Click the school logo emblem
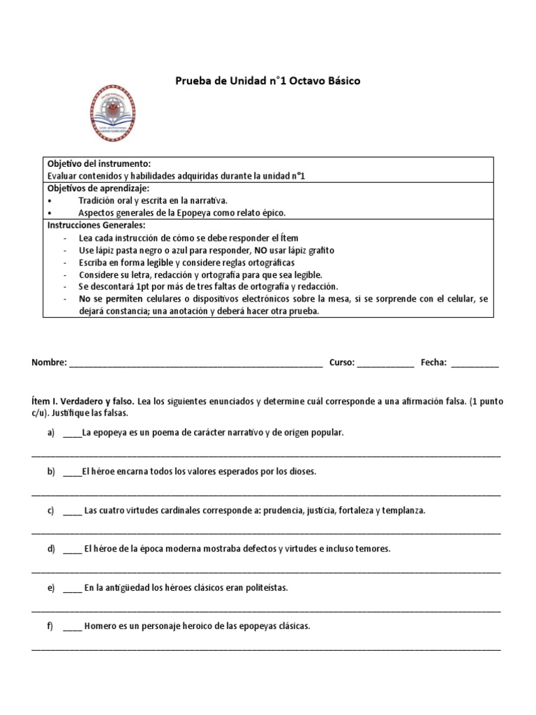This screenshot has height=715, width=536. [112, 113]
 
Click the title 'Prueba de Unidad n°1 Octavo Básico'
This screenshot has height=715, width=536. [267, 81]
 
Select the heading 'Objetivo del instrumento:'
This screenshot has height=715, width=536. [98, 163]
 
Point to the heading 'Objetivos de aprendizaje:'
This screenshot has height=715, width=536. [98, 188]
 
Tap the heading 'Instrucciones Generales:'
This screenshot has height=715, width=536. [96, 225]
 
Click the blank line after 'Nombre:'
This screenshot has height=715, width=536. [195, 363]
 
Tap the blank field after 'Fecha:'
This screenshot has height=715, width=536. [475, 363]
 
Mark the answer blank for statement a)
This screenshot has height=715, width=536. [72, 434]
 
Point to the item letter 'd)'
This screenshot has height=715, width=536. [51, 549]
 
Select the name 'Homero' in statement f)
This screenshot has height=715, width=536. [99, 626]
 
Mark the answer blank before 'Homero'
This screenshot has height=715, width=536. [72, 627]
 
